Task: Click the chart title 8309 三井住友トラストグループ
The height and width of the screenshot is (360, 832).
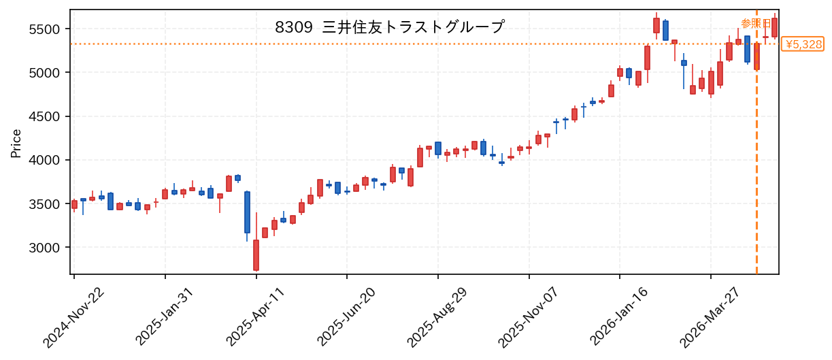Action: pos(390,27)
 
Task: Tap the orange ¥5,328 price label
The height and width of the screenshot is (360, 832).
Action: pos(803,44)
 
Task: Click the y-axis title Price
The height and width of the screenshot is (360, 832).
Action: pos(16,144)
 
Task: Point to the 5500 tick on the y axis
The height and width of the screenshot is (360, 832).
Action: pos(44,29)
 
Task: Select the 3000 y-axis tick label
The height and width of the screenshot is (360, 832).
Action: pos(44,248)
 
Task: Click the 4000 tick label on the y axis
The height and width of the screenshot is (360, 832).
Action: pos(44,161)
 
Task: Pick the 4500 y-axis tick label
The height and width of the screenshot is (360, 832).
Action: pos(44,116)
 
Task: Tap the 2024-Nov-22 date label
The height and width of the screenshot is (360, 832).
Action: pos(74,318)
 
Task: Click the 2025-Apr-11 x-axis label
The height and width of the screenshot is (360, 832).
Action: pos(256,318)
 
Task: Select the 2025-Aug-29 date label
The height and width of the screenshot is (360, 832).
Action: pos(437,318)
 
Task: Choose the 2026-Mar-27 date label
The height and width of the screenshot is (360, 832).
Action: pos(710,318)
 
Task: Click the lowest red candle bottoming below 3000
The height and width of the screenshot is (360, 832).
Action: pos(256,255)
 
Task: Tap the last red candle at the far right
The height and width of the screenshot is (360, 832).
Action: pos(775,27)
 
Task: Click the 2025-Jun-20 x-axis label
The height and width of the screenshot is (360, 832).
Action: pos(346,318)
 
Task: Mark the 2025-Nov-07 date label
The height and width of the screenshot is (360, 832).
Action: pos(528,318)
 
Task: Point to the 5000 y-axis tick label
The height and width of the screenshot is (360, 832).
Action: pos(44,73)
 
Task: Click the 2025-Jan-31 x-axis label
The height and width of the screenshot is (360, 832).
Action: pos(165,318)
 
